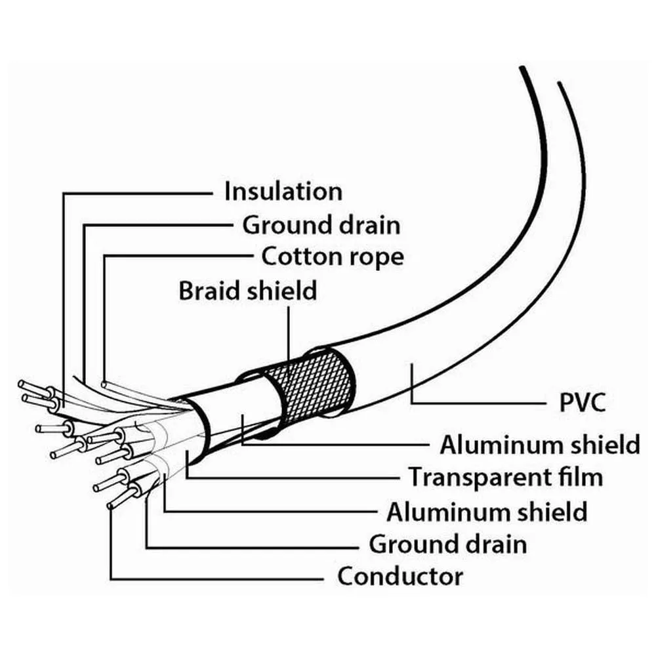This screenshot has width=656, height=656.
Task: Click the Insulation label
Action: pyautogui.click(x=283, y=192)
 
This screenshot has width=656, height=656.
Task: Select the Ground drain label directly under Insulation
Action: pyautogui.click(x=321, y=225)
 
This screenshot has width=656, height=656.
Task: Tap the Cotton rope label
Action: pyautogui.click(x=333, y=256)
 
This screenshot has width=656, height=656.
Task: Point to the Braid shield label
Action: pyautogui.click(x=248, y=290)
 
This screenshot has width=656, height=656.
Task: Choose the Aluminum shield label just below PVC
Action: pyautogui.click(x=539, y=444)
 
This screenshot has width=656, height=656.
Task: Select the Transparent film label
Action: pyautogui.click(x=506, y=477)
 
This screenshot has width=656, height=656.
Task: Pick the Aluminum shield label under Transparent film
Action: pyautogui.click(x=486, y=511)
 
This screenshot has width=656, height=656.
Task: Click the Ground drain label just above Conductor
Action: pyautogui.click(x=447, y=544)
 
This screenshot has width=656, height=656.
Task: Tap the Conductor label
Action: pyautogui.click(x=400, y=577)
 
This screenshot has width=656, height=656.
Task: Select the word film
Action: pyautogui.click(x=579, y=477)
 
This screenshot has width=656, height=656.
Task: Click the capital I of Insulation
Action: pyautogui.click(x=228, y=192)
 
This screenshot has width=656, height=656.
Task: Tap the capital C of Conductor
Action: pyautogui.click(x=346, y=577)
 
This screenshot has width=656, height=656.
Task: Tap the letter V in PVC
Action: pyautogui.click(x=577, y=401)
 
